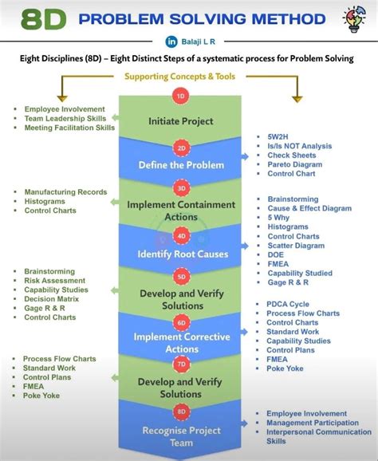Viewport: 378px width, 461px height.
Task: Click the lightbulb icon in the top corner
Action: [353, 19]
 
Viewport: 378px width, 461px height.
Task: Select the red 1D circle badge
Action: [180, 95]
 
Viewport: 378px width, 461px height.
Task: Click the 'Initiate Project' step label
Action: [181, 121]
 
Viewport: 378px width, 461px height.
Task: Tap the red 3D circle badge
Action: [182, 188]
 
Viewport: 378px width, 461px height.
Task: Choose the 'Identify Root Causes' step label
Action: [183, 254]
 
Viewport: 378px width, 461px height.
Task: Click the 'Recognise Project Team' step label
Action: [181, 436]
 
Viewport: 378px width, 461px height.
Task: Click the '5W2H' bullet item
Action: [279, 136]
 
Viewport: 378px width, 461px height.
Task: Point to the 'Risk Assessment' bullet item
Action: [54, 281]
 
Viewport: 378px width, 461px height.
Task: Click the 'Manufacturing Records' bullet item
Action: [65, 192]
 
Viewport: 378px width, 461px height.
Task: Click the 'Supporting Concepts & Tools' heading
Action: [181, 77]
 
